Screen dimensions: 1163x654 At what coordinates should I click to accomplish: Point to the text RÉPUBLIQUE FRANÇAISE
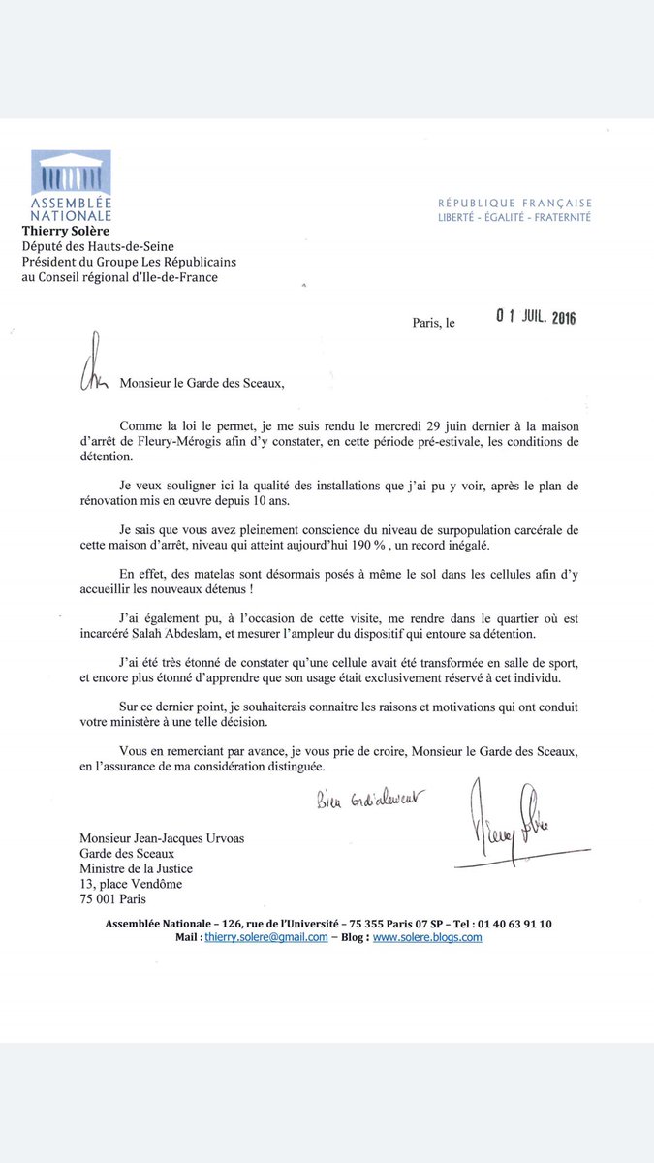coord(514,204)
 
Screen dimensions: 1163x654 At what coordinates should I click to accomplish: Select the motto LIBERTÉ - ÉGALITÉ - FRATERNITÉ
coord(514,218)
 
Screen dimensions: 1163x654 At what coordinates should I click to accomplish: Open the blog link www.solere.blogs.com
coord(427,937)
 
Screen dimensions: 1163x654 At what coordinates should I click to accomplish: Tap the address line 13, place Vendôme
coord(133,884)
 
